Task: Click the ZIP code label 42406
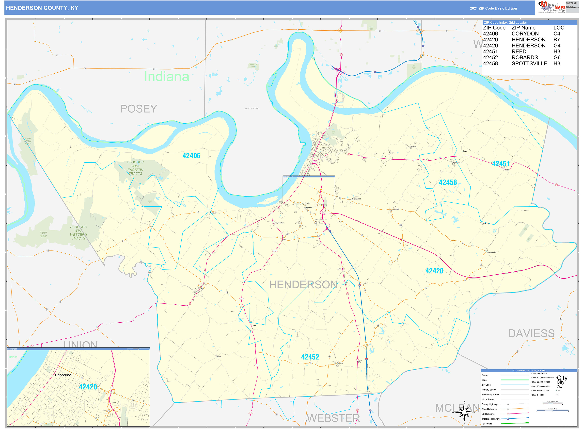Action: point(191,156)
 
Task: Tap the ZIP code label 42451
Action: point(501,164)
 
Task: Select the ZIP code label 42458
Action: point(448,182)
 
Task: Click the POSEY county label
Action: point(139,109)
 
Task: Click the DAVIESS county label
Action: point(531,333)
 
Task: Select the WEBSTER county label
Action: point(333,418)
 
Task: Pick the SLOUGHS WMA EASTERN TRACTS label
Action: point(135,168)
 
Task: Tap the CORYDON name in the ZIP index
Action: point(525,34)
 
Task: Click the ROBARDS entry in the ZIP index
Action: point(525,58)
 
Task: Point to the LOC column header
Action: point(559,28)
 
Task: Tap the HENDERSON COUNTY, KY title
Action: point(42,8)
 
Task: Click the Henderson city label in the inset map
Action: point(63,375)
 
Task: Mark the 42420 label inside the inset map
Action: point(88,387)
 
